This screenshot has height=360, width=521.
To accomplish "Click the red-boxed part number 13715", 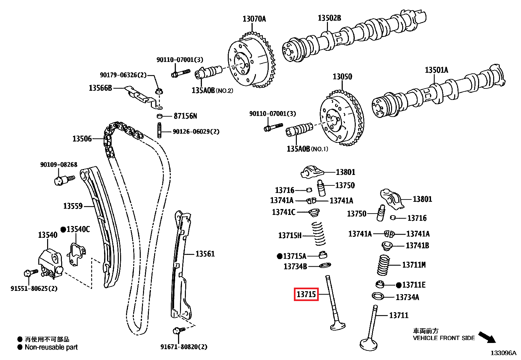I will click(x=306, y=294).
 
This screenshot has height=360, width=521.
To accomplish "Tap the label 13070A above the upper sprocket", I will click(x=254, y=19).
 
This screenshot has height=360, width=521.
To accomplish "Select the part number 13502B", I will click(x=329, y=18).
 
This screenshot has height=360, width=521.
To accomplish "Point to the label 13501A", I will click(x=436, y=70).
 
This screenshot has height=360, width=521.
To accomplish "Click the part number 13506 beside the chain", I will click(x=82, y=139).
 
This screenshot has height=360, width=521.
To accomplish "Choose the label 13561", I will click(x=205, y=254).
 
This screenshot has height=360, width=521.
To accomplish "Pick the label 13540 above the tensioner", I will click(x=47, y=235).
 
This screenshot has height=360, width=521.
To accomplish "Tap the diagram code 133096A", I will click(x=503, y=353).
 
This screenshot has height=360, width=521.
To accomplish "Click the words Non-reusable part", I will click(x=51, y=347).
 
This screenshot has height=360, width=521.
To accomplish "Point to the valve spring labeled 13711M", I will click(x=383, y=265).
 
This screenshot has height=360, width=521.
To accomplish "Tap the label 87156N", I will click(x=185, y=116).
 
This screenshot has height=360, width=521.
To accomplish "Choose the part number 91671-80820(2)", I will click(x=184, y=347).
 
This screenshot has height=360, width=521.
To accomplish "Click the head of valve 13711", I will click(x=368, y=344).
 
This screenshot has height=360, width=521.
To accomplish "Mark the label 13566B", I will click(x=100, y=88).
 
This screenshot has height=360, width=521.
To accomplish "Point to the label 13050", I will click(x=342, y=77).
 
